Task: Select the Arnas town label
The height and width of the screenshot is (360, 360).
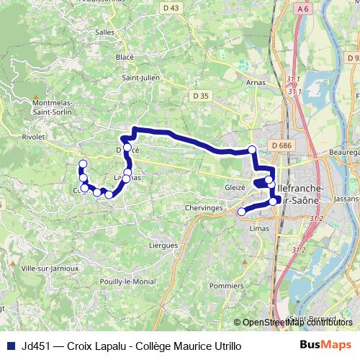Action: click(x=256, y=82)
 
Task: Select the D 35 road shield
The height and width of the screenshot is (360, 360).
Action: click(x=201, y=94)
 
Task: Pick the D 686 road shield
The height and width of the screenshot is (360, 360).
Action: click(x=282, y=145)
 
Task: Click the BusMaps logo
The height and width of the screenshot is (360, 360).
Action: click(x=325, y=346)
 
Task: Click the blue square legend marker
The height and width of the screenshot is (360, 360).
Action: click(x=8, y=346)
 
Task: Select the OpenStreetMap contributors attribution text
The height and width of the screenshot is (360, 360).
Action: click(x=297, y=323)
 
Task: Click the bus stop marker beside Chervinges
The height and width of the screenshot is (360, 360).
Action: click(x=242, y=211)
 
